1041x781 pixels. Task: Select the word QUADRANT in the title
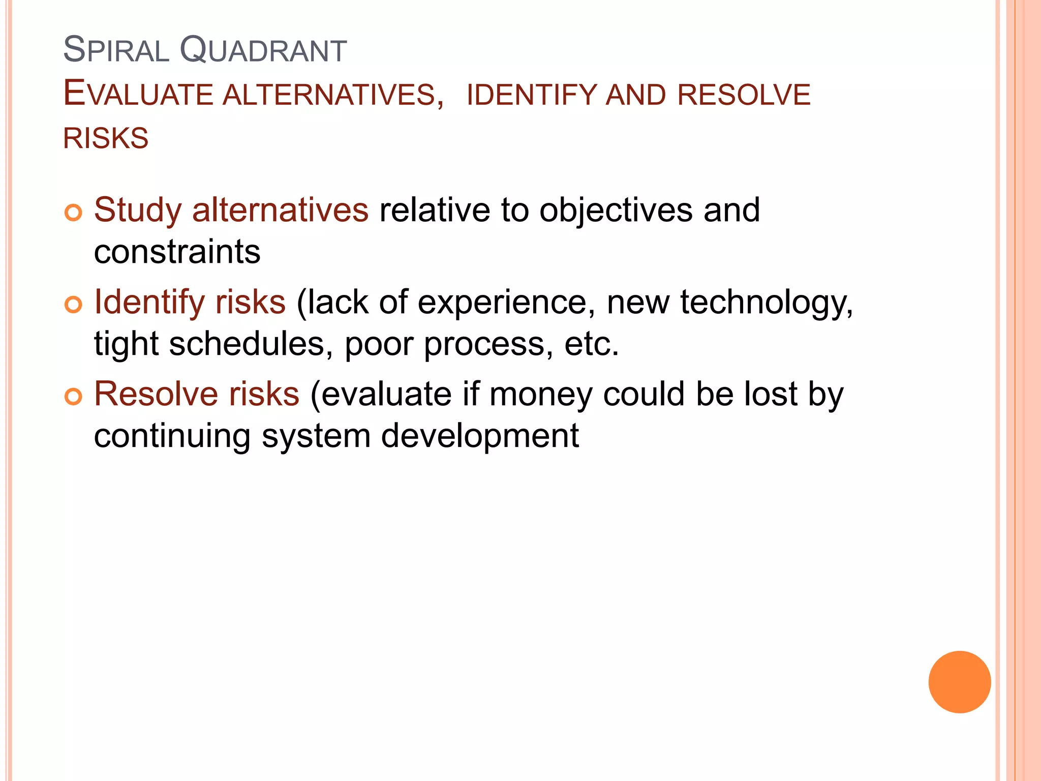click(263, 51)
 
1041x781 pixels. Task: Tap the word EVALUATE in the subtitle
click(138, 95)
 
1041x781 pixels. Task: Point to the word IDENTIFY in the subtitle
click(531, 95)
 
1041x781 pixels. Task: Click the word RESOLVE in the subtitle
click(744, 95)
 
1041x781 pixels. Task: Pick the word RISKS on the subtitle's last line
click(106, 138)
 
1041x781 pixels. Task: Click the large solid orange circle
click(959, 682)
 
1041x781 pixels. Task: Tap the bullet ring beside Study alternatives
click(73, 213)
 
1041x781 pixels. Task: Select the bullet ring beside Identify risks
click(73, 305)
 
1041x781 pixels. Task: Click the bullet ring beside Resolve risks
click(73, 397)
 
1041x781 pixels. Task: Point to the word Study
click(138, 211)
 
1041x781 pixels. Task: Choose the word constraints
click(177, 252)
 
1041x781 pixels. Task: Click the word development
click(480, 436)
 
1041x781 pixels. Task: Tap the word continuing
click(172, 437)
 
